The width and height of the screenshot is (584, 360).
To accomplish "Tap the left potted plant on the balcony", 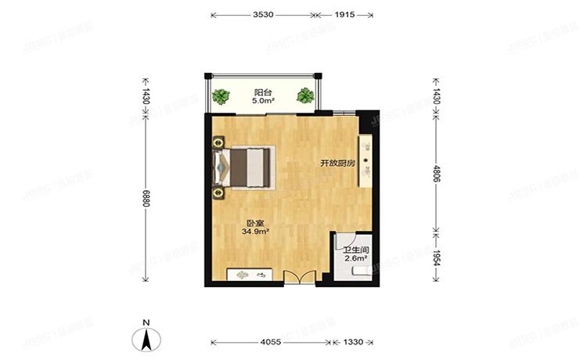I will coord(222,97).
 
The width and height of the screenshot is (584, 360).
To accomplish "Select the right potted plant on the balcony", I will coord(305,97).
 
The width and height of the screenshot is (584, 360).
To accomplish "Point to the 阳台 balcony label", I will coord(262,91).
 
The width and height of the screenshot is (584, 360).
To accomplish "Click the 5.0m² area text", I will coord(262,101).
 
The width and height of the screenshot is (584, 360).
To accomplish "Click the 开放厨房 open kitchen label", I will coord(337,164).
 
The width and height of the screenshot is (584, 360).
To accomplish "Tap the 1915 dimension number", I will coord(343,15).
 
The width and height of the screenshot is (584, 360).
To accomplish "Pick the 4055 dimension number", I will coord(271,343).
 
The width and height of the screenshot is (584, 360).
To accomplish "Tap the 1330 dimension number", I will coord(352,343).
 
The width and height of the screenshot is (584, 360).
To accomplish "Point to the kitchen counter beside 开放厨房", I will coord(365,160).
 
